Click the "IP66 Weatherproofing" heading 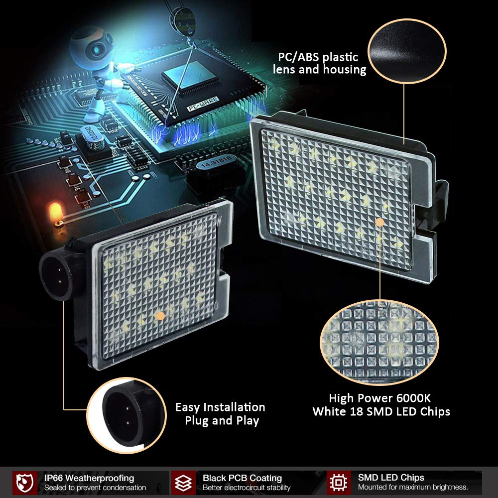coord(89,478)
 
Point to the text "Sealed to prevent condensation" coord(95,488)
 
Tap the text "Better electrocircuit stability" coord(247,488)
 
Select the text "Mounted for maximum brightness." coord(413,488)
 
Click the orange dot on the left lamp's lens coord(160,315)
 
